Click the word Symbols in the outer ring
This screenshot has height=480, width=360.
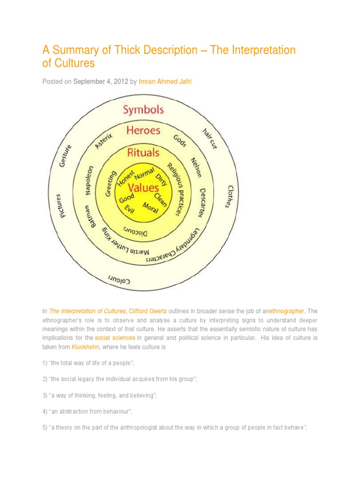[143, 110]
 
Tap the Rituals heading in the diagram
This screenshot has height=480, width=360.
[143, 152]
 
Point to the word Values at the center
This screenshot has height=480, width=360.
[144, 188]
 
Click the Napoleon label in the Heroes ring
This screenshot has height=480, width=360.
[90, 180]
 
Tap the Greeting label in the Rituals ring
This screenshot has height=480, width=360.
[112, 184]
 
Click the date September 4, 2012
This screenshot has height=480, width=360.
[101, 82]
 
